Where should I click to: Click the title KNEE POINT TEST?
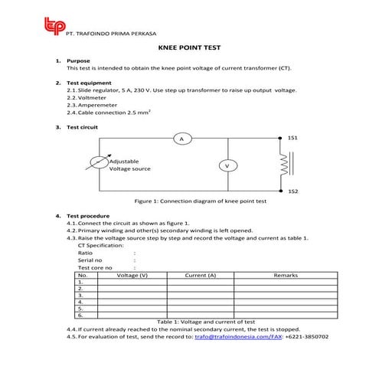[189, 47]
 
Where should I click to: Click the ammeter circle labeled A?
[181, 139]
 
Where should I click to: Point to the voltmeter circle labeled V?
[227, 165]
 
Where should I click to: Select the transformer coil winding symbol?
[284, 164]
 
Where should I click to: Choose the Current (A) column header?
[201, 274]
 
